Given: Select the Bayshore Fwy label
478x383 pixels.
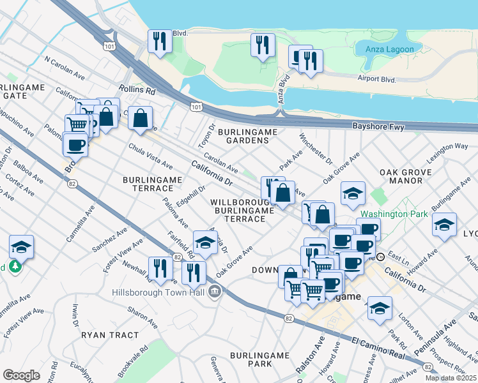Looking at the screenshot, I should point(379,127).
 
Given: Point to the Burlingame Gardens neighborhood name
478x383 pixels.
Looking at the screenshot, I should point(248,137).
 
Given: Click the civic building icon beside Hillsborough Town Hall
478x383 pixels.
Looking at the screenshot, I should point(215,292).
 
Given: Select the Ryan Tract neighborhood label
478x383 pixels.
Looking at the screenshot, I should point(110,334).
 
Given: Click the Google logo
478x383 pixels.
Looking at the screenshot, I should point(21,375).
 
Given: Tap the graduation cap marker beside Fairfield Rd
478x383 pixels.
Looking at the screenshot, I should point(205,241).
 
